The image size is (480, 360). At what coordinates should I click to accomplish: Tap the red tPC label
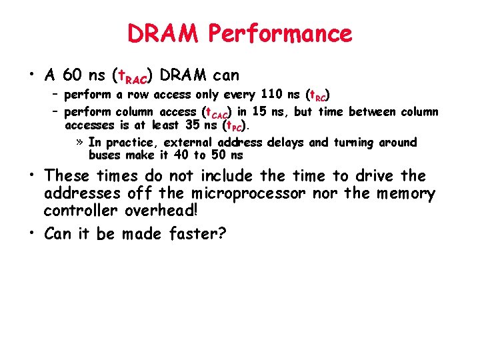coord(235,126)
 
